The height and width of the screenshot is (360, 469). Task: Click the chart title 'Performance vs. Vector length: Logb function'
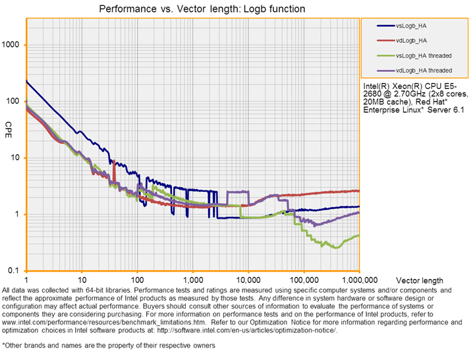(201, 9)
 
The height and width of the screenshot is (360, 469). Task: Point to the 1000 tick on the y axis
(14, 45)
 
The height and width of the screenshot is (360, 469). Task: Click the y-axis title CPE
(9, 125)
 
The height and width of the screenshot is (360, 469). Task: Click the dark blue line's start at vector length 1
(26, 81)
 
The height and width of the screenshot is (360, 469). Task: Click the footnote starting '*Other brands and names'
(107, 345)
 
